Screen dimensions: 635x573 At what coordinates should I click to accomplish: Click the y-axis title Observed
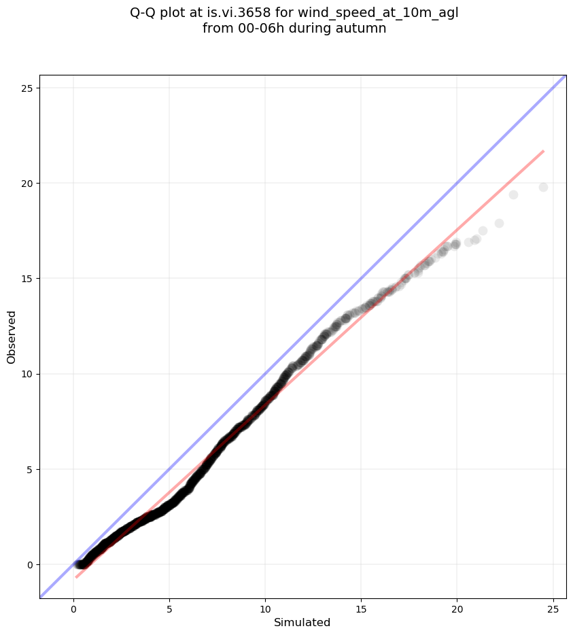tap(12, 337)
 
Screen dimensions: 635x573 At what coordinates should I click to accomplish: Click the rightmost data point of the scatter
tap(543, 187)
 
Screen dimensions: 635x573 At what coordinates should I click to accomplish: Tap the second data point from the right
tap(513, 194)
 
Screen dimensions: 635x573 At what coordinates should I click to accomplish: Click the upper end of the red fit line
tap(543, 151)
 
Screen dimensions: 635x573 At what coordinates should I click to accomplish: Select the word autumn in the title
tap(363, 29)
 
